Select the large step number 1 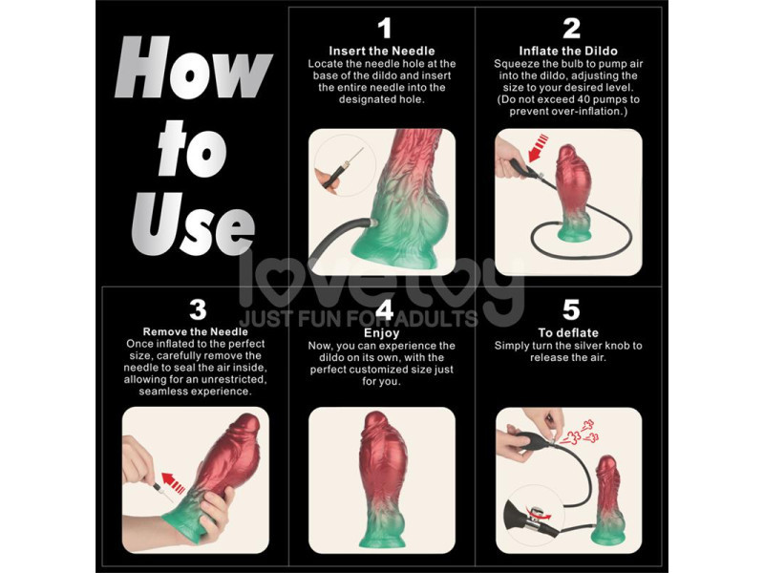(384, 28)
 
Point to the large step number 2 (571, 28)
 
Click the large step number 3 (197, 309)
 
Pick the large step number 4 (384, 309)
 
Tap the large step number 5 (571, 309)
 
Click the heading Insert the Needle (382, 51)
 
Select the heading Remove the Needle (196, 331)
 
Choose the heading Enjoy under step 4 (383, 331)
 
